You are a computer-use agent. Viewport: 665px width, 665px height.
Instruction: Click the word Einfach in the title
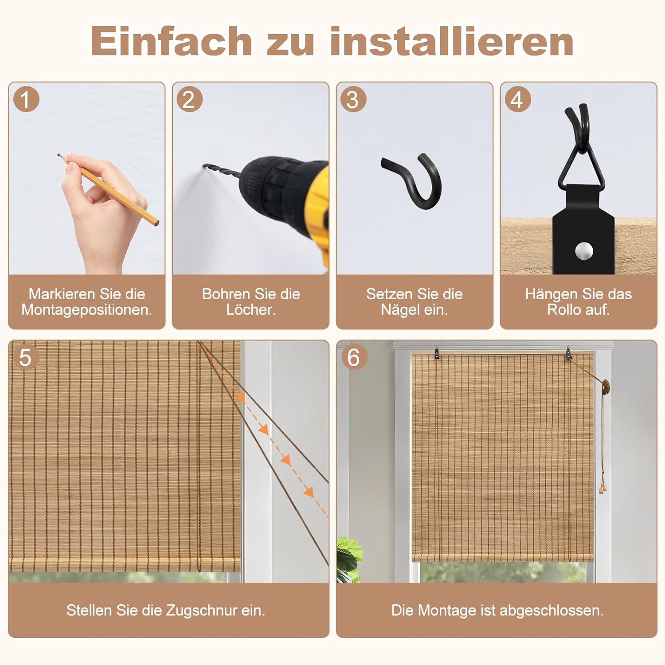171,41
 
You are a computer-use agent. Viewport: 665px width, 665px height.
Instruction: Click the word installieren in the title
452,41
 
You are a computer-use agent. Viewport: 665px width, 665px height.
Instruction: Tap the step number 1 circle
26,99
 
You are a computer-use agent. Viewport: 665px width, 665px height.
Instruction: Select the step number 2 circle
189,99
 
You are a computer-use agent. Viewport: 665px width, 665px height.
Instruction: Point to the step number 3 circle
353,99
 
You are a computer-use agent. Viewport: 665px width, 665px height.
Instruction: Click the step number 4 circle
517,99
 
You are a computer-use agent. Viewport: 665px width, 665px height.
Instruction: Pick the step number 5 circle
26,357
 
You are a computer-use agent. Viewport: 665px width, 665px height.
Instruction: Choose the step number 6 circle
354,357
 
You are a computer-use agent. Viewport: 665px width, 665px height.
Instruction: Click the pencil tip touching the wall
60,156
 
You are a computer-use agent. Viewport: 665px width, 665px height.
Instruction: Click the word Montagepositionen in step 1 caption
87,310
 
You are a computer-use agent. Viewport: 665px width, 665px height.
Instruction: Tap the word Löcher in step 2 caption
250,310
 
